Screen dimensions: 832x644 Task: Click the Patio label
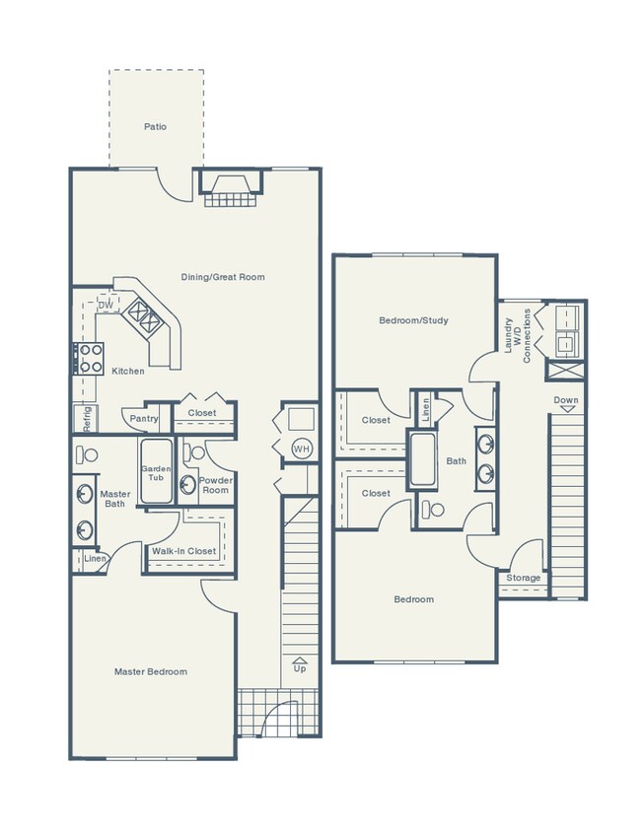click(155, 127)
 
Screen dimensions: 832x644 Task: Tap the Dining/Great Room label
click(223, 277)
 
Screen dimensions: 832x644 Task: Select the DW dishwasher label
click(105, 306)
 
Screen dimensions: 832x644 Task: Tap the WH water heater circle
click(300, 450)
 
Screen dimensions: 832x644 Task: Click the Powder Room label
click(215, 485)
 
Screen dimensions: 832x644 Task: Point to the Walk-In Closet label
click(183, 551)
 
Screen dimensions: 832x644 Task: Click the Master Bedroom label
click(150, 671)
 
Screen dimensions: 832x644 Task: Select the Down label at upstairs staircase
click(566, 401)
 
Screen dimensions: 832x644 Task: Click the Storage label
click(524, 578)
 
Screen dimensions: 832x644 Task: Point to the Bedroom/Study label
click(413, 320)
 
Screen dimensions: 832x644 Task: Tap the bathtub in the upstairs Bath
click(424, 459)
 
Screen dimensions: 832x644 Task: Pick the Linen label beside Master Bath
click(95, 559)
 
